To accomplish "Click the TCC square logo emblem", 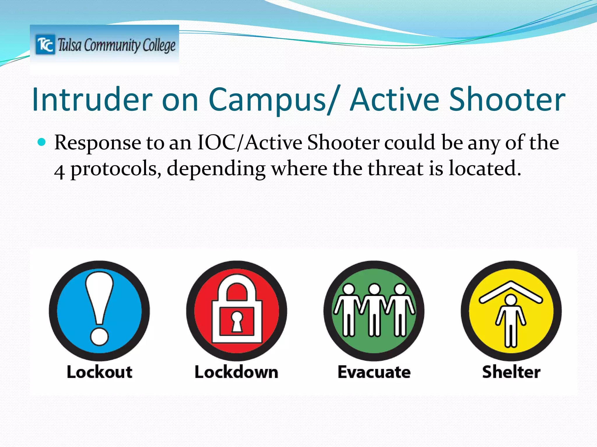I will [x=45, y=45].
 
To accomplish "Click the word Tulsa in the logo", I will [x=69, y=45].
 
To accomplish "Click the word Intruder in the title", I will [x=92, y=100].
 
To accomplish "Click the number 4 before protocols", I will [x=59, y=171].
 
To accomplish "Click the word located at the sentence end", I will [x=484, y=169].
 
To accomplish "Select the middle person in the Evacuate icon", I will [x=374, y=310].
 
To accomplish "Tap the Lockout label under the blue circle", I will [x=99, y=372].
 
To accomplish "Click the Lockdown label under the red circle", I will [x=236, y=372].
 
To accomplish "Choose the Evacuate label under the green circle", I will [x=374, y=372].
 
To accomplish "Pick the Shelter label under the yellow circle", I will [x=511, y=372].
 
